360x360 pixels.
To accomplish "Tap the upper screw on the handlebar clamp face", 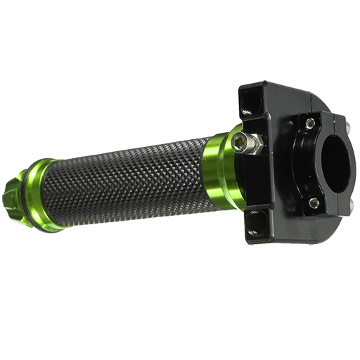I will (x=310, y=124).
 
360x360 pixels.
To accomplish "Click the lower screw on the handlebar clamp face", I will (x=314, y=203).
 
